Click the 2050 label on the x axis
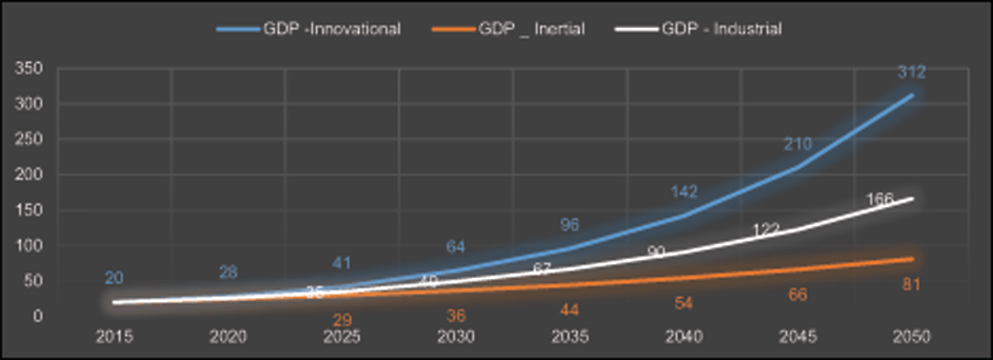(x=913, y=337)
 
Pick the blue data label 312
(x=912, y=74)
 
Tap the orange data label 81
(x=912, y=286)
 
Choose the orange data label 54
(x=684, y=304)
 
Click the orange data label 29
(x=342, y=319)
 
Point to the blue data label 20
(x=114, y=278)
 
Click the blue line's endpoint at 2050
(x=913, y=94)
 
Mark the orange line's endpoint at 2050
(x=913, y=259)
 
